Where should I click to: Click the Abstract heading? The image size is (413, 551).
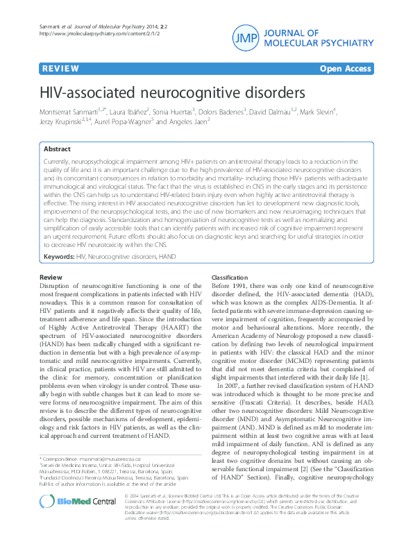click(x=57, y=149)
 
